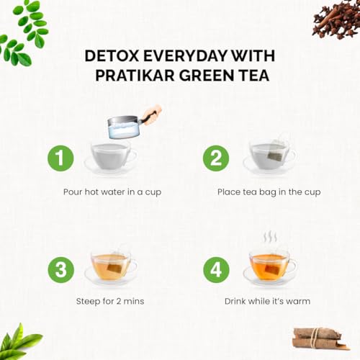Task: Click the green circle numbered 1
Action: click(60, 158)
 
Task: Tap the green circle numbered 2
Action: click(216, 158)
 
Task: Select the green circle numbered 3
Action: click(60, 269)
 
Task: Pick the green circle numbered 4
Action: click(216, 269)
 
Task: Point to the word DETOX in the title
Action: click(112, 55)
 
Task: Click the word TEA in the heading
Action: click(255, 75)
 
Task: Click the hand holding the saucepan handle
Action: click(152, 114)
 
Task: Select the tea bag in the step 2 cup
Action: click(276, 151)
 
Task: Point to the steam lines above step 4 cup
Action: click(270, 237)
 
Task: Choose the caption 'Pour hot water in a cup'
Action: click(112, 192)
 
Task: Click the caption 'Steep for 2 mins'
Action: click(110, 301)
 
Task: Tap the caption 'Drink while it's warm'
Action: click(267, 301)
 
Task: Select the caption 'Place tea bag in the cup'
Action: click(269, 192)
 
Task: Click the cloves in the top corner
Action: click(336, 19)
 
